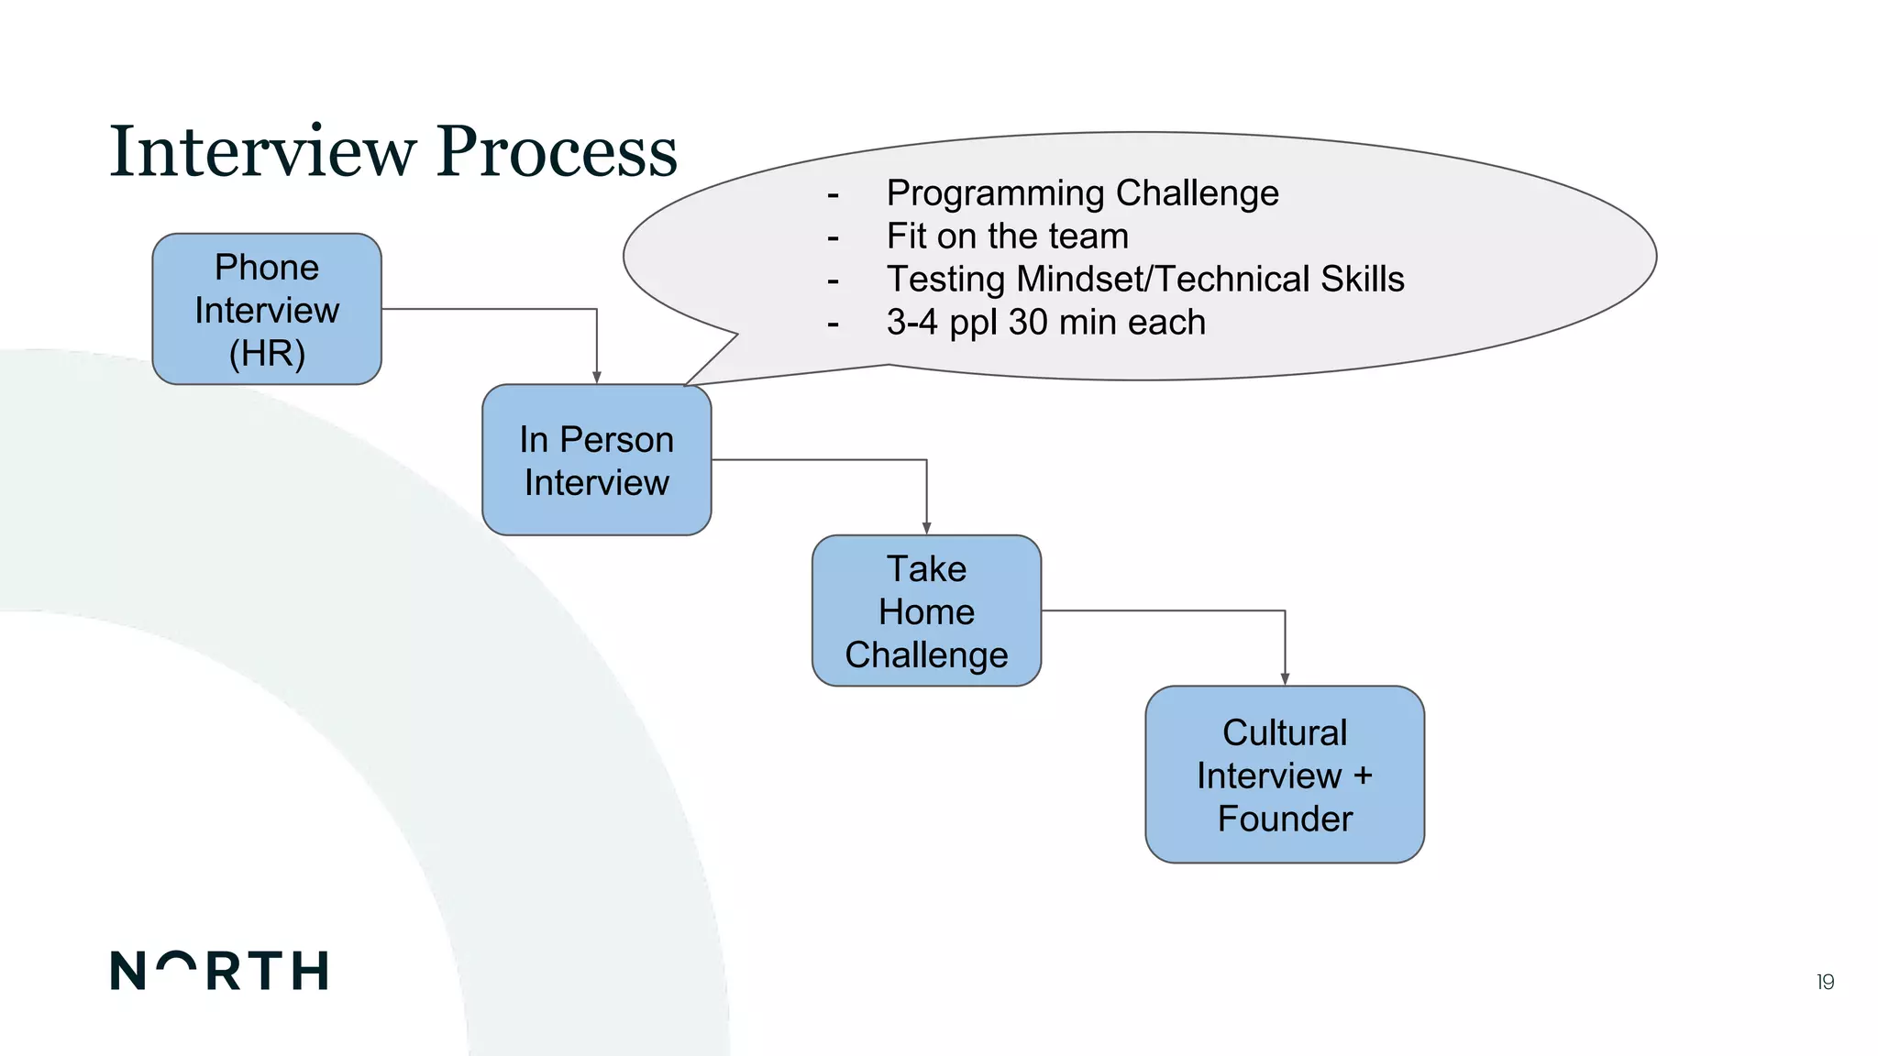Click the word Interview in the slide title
(262, 151)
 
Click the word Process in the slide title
(557, 151)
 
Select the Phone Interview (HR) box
(267, 309)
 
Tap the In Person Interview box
(597, 460)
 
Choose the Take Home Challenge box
(926, 611)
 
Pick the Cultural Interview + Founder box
(1284, 775)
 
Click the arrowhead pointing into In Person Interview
(597, 377)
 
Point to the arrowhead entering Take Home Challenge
(926, 528)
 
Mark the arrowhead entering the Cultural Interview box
(1285, 678)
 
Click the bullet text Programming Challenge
(1082, 193)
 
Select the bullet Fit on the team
(1007, 236)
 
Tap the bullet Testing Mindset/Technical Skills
(1144, 280)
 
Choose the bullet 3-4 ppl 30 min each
(1045, 323)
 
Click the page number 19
(1825, 983)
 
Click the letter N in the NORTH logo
(127, 971)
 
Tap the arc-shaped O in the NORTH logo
(176, 962)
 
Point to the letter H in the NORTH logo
(310, 971)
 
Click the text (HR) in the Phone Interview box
(267, 354)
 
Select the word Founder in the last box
(1285, 819)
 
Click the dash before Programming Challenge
(833, 195)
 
